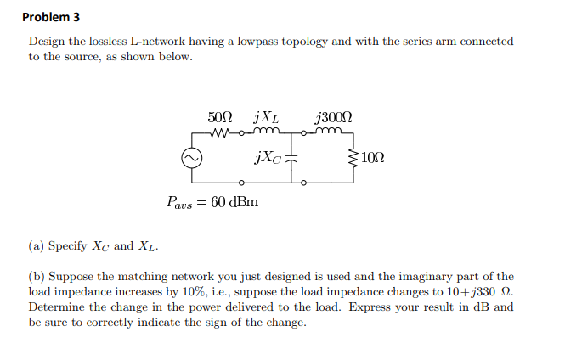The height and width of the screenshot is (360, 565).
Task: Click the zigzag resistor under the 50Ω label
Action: [x=221, y=132]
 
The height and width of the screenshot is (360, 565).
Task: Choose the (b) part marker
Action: [x=36, y=277]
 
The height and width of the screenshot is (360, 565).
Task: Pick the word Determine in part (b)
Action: [x=57, y=307]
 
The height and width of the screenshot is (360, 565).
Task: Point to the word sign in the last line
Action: [x=215, y=323]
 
